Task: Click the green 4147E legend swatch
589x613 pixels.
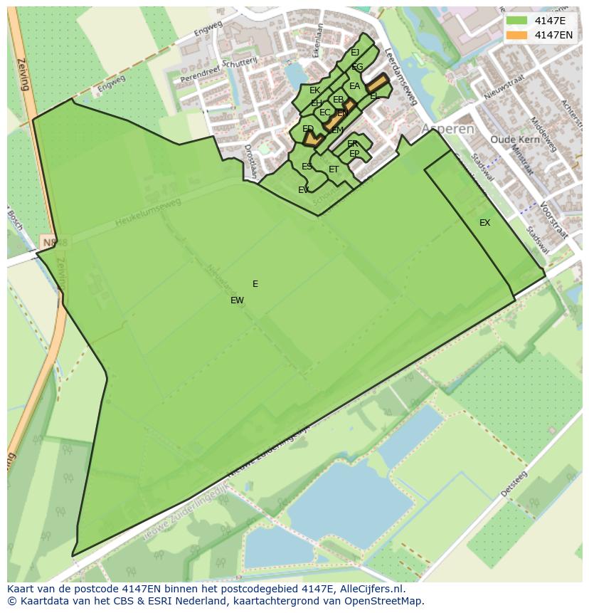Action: pos(516,21)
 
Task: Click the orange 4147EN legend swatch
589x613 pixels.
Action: pos(516,35)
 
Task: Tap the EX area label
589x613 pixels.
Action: pos(484,223)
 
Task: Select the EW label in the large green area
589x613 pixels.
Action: pos(237,300)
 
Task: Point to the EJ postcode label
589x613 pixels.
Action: pos(355,53)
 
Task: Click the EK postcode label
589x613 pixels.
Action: pos(314,90)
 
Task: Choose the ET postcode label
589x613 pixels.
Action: pos(334,169)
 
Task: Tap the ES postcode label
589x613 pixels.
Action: pos(307,167)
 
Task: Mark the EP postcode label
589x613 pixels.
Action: pos(354,154)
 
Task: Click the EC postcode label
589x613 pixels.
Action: pos(324,112)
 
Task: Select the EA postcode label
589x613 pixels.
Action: pos(354,87)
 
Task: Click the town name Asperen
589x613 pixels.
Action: pos(447,129)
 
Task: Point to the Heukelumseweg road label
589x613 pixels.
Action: pos(147,213)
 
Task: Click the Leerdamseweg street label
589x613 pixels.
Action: pos(399,78)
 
